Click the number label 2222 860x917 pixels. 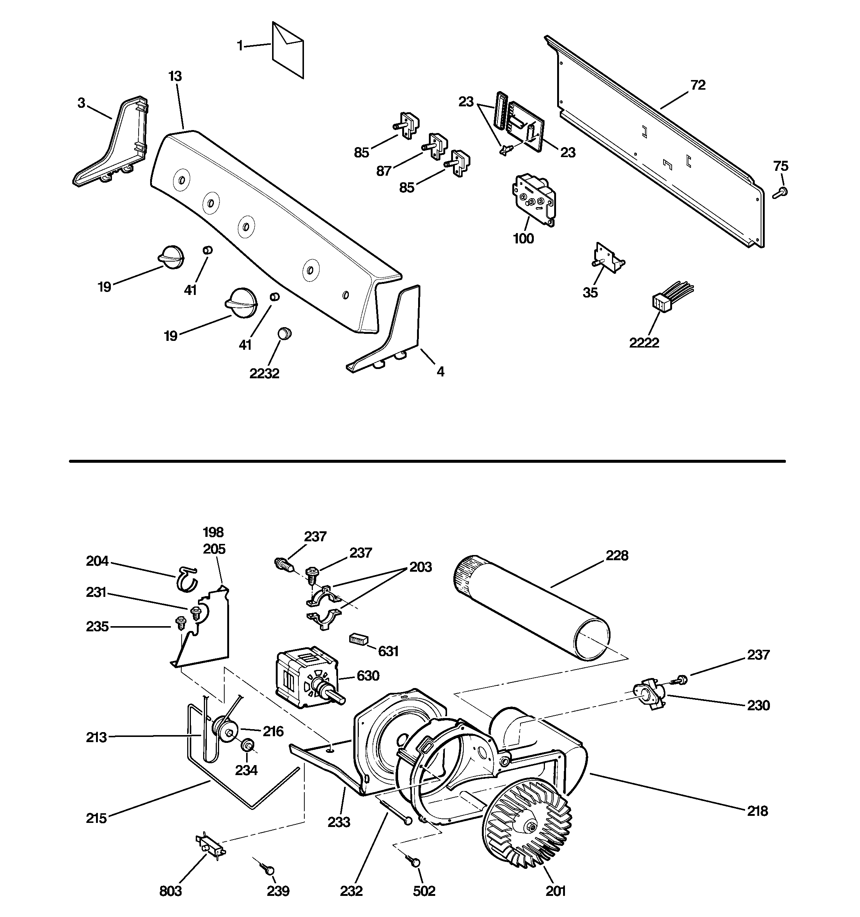(x=644, y=343)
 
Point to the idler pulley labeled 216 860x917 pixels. (x=225, y=730)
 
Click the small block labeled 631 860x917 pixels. (x=359, y=639)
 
